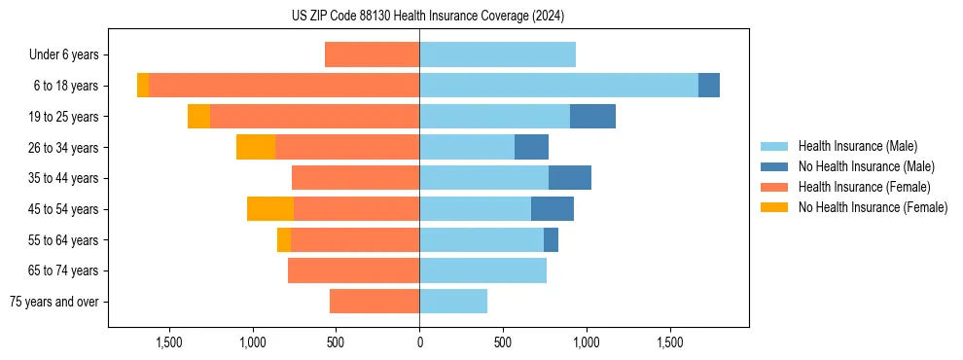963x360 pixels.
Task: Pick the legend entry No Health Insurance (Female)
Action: [x=873, y=207]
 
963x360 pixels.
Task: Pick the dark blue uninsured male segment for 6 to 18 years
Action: [x=709, y=86]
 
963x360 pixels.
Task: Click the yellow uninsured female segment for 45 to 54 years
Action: [x=270, y=209]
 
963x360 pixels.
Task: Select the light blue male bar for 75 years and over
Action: [x=453, y=302]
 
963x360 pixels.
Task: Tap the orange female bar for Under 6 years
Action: [x=372, y=55]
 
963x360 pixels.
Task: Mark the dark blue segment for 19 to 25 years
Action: [x=592, y=117]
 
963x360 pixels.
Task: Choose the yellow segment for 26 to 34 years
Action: [x=256, y=148]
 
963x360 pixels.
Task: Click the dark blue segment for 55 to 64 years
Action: [x=551, y=240]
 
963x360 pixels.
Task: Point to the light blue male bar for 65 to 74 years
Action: [x=482, y=270]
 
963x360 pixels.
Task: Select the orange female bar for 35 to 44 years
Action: [x=355, y=178]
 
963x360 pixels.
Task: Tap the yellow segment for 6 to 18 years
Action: [x=143, y=86]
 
